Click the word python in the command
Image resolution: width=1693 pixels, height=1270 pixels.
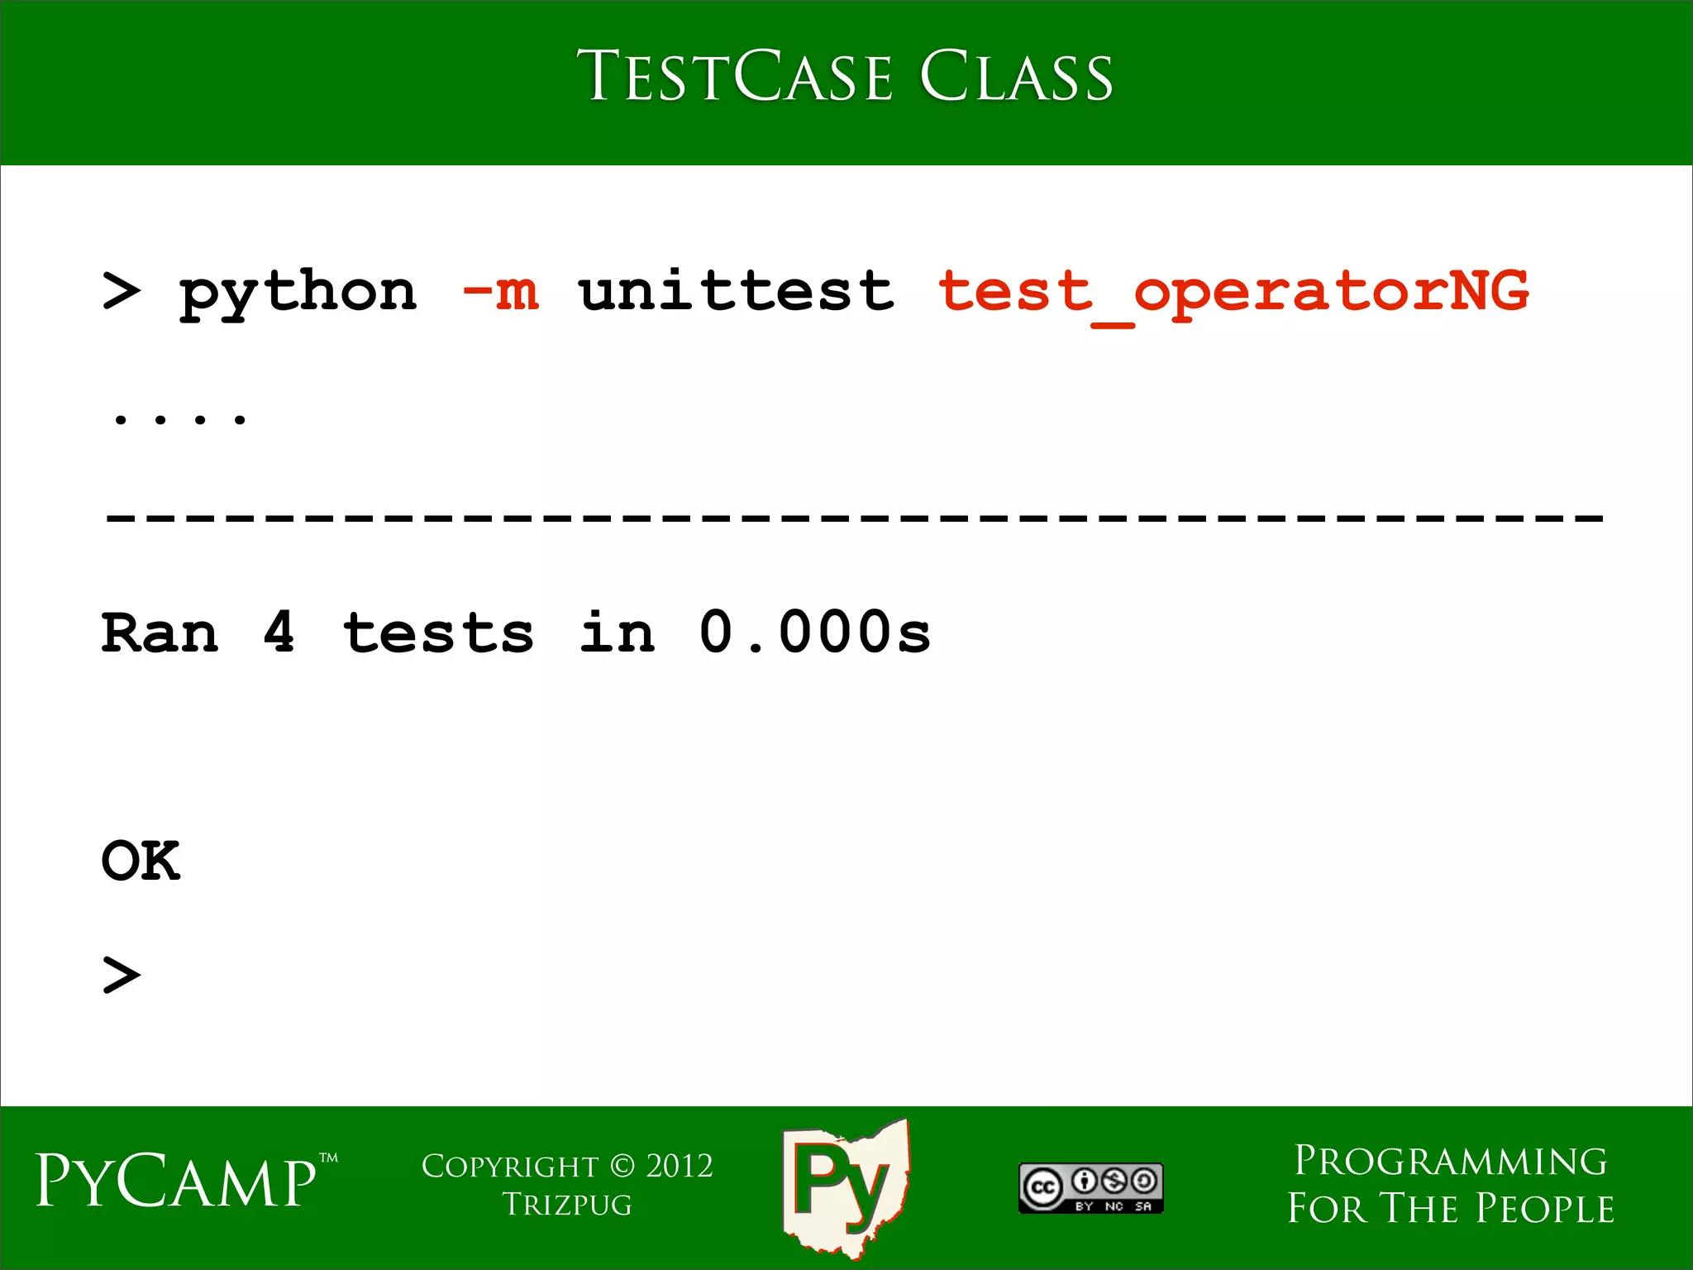point(298,294)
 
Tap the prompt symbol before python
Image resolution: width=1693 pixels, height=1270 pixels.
point(122,291)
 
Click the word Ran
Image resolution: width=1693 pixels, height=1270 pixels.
point(160,633)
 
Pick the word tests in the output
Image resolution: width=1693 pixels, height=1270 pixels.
point(438,633)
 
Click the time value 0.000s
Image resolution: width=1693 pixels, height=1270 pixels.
point(815,633)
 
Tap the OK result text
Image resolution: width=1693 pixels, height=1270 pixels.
point(141,861)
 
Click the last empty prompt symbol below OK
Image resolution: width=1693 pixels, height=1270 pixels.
point(122,975)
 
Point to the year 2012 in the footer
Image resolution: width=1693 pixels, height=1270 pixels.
point(680,1166)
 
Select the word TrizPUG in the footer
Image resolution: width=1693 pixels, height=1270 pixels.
point(567,1205)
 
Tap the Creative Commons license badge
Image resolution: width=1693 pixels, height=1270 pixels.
point(1091,1188)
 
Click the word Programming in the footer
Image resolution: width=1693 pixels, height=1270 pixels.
point(1451,1161)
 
